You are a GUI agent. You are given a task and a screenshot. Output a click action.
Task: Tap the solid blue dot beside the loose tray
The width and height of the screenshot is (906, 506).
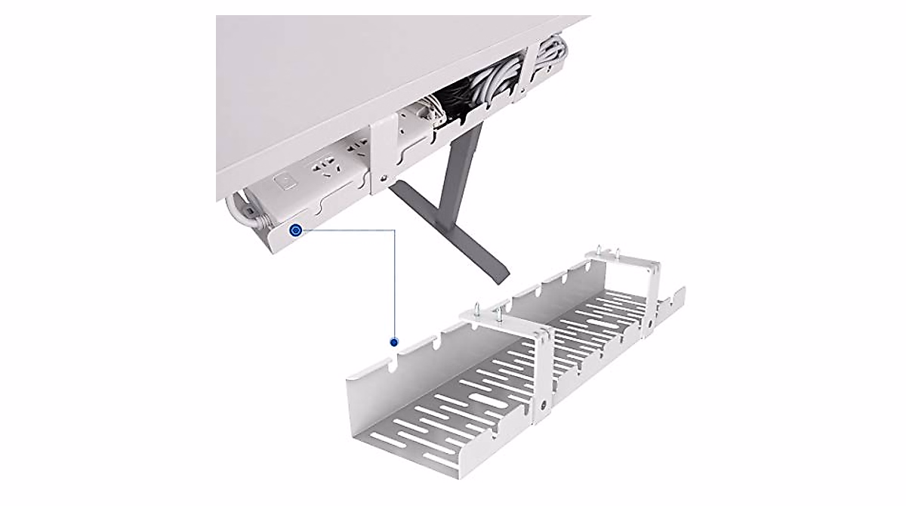tap(393, 341)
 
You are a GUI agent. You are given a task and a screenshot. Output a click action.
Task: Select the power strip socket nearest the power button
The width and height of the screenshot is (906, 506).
tap(323, 168)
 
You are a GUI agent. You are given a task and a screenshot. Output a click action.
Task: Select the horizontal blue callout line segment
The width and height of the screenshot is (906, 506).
tap(347, 230)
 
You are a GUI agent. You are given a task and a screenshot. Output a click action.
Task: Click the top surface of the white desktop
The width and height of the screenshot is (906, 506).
tap(377, 60)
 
